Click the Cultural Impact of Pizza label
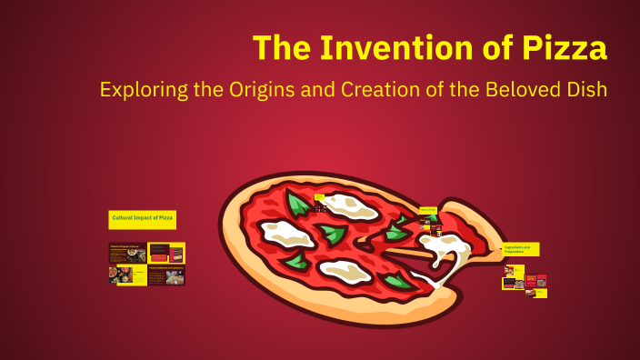click(x=143, y=218)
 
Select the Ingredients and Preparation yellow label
click(x=520, y=248)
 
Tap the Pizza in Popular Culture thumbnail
click(x=127, y=254)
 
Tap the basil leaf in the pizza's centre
click(x=333, y=236)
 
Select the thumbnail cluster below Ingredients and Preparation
click(x=525, y=278)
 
